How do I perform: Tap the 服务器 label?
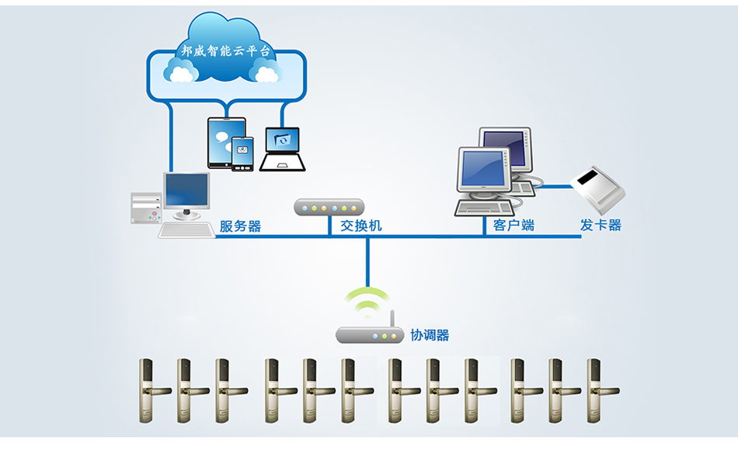click(240, 226)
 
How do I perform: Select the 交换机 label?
click(361, 226)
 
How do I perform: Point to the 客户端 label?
click(513, 226)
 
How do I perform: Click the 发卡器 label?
click(600, 226)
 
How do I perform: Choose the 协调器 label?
click(430, 335)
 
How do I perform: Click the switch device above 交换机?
click(329, 207)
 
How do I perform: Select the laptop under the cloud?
click(282, 149)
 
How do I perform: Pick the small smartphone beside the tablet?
click(243, 154)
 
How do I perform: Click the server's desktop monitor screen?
click(187, 191)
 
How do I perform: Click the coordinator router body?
click(370, 335)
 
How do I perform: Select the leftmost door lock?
click(147, 391)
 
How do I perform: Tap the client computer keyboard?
click(483, 208)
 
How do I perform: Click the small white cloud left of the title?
click(182, 72)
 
